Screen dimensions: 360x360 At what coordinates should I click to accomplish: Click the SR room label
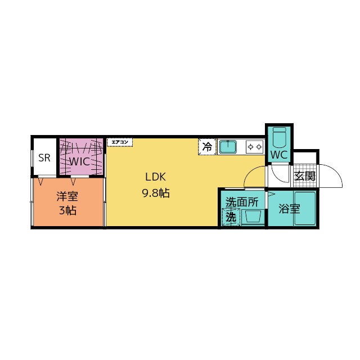[x=44, y=157]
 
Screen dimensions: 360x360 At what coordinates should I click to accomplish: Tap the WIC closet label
[x=79, y=161]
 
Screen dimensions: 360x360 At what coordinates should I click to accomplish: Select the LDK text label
[x=156, y=177]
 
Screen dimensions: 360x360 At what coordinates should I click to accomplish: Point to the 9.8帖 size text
[x=156, y=193]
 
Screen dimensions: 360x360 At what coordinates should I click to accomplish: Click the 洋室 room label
[x=67, y=196]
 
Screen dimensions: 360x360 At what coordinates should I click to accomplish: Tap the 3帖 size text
[x=67, y=210]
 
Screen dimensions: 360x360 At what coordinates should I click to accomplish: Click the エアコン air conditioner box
[x=120, y=142]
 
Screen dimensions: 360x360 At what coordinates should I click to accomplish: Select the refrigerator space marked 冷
[x=208, y=147]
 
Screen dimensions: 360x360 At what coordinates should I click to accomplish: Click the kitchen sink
[x=228, y=147]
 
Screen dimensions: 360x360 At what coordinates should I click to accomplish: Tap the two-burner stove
[x=255, y=147]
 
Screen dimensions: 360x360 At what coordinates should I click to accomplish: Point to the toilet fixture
[x=279, y=137]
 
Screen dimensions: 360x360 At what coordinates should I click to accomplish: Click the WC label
[x=279, y=155]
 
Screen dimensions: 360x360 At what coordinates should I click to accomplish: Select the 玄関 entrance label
[x=305, y=176]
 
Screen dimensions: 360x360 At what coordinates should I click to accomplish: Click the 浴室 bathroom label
[x=289, y=209]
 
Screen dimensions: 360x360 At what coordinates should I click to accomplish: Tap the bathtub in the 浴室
[x=305, y=208]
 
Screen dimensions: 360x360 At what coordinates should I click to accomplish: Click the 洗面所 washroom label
[x=242, y=202]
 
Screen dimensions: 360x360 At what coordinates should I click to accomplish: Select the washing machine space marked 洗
[x=231, y=217]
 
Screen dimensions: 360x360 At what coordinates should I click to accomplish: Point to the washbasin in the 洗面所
[x=253, y=217]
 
